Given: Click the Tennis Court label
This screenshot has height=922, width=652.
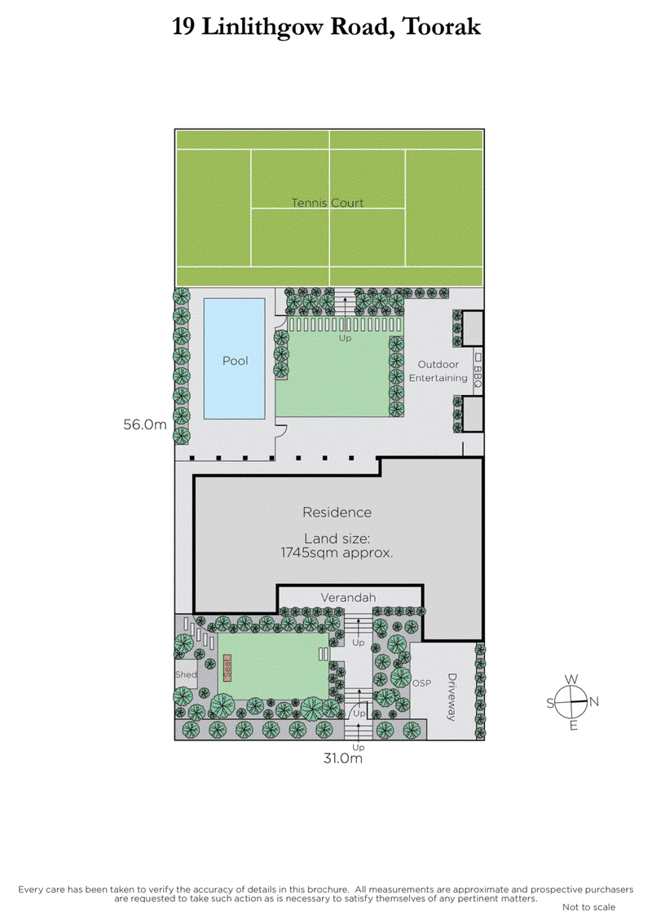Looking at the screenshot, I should point(328,202).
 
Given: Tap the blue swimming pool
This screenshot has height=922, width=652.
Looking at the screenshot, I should point(234,359).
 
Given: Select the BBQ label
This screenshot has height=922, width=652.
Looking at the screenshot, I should point(478,376).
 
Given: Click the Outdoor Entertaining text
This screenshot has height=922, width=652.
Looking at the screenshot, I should point(438,371).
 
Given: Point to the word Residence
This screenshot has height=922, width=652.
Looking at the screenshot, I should point(337,512).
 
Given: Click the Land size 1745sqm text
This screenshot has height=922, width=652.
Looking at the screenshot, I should point(337,545).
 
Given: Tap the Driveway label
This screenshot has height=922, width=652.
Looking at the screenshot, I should point(451,697).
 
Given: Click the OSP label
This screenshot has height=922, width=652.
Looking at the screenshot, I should point(421,683).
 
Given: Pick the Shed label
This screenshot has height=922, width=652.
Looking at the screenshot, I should point(186,675).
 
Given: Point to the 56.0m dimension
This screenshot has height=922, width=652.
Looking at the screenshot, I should point(144,424).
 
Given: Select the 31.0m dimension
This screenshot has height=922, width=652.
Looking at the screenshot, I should point(342,758).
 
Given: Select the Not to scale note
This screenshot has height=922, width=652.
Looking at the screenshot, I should point(588,907).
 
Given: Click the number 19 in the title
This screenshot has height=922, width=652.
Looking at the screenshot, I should point(185,27).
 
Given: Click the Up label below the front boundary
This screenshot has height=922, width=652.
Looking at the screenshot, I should point(357,746).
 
